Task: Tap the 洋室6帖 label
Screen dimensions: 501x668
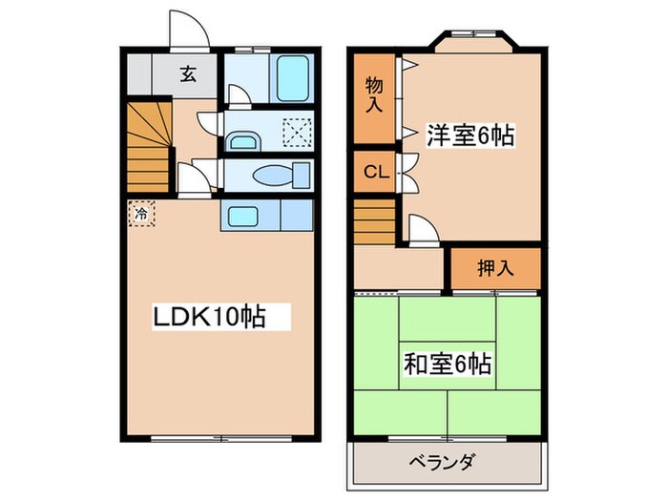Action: [470, 136]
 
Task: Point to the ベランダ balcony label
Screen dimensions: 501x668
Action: [449, 465]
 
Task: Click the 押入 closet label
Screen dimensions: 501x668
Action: [495, 268]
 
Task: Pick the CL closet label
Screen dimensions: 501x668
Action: [375, 173]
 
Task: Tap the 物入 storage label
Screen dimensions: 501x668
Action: [375, 95]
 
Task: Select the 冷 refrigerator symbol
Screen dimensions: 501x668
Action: [140, 214]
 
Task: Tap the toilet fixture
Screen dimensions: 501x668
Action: [282, 177]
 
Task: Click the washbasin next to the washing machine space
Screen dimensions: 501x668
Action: [245, 140]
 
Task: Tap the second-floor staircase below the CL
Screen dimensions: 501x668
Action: [374, 221]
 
